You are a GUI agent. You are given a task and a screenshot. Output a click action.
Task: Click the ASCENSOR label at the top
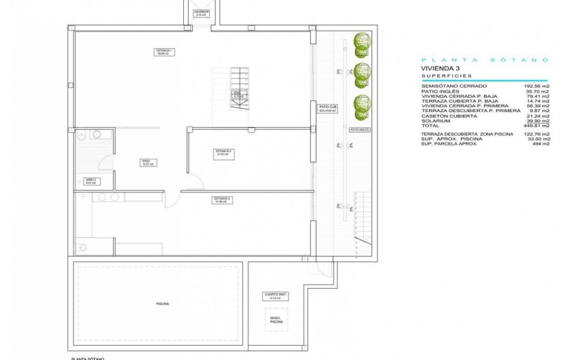tap(200, 12)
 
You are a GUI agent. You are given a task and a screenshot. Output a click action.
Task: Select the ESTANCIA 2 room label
tap(224, 153)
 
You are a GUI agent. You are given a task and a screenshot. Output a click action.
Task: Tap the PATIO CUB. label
tap(328, 109)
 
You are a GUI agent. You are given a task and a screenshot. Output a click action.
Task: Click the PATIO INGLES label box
tap(359, 128)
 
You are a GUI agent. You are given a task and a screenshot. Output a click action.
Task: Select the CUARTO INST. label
tap(275, 296)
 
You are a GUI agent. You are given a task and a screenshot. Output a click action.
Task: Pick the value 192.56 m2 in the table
tap(536, 87)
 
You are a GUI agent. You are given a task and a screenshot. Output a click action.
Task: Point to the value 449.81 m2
tap(536, 126)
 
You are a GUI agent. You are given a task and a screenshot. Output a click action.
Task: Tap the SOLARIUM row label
tap(435, 120)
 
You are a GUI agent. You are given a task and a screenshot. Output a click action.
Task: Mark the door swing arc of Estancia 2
tap(196, 181)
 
